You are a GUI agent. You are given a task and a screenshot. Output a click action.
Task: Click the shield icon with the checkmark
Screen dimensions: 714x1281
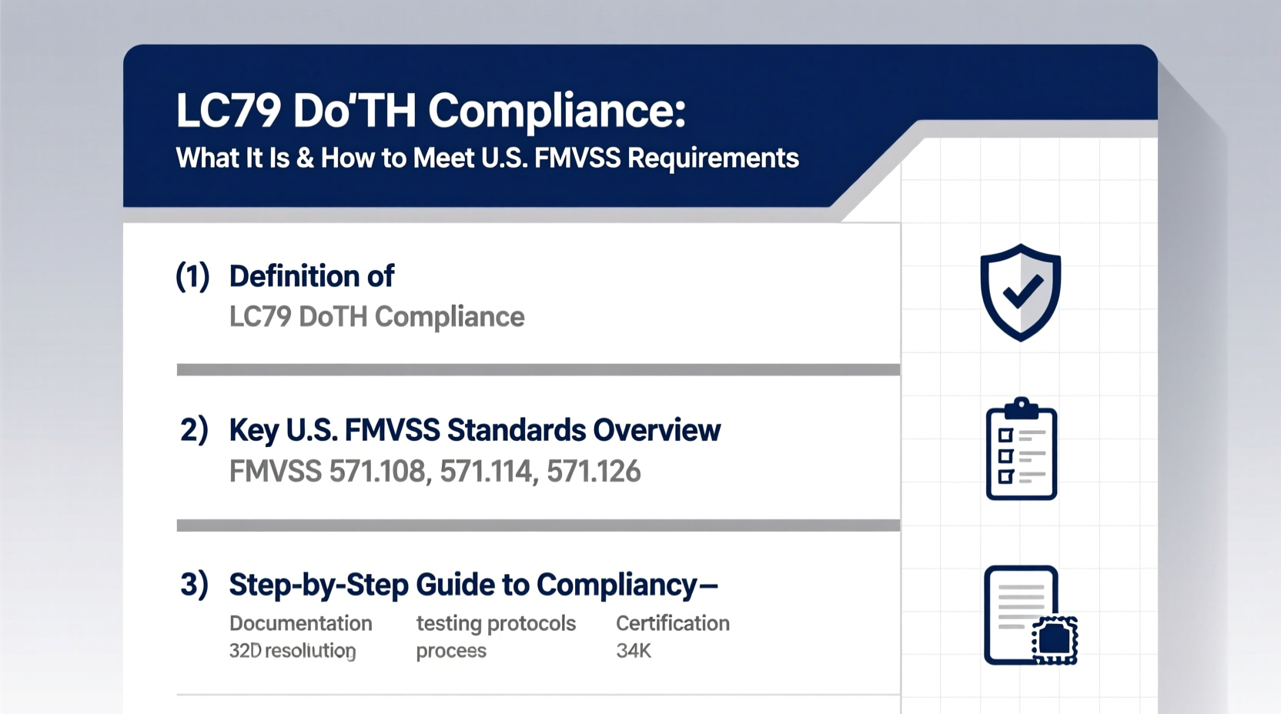[1020, 292]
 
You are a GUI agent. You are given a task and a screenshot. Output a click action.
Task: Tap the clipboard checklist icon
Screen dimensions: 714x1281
[1021, 449]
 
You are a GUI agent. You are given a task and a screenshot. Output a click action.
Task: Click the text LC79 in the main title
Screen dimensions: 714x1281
[228, 110]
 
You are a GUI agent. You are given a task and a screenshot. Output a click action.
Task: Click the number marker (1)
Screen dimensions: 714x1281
[192, 276]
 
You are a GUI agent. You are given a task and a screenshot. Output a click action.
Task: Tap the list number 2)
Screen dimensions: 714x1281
[194, 430]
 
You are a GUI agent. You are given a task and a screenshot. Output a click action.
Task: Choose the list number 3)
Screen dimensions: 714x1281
[194, 585]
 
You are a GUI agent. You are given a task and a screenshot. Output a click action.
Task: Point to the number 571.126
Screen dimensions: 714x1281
[594, 471]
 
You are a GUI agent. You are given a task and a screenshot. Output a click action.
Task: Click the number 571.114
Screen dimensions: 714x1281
[487, 471]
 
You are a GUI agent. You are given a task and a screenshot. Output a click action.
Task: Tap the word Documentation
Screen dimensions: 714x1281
[300, 623]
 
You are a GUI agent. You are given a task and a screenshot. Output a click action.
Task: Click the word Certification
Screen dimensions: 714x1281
[672, 623]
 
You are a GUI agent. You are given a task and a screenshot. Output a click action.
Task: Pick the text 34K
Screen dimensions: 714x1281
[634, 651]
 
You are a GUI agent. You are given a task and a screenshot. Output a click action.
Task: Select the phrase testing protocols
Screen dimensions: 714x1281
[496, 623]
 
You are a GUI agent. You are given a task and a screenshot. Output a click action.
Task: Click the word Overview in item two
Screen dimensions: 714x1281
[657, 430]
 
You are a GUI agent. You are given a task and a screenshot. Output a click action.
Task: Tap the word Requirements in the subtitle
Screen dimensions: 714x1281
[713, 158]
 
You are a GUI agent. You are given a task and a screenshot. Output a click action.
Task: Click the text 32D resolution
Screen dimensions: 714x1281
[293, 651]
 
